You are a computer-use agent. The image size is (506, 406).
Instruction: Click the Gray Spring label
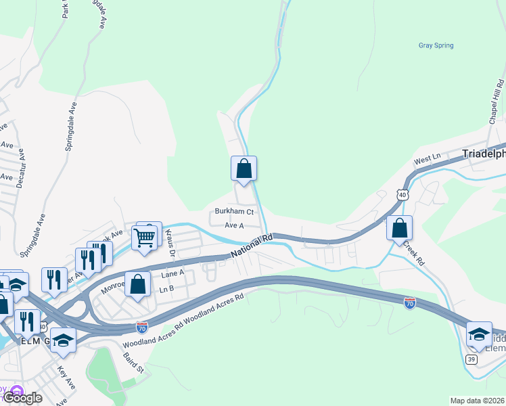coord(436,45)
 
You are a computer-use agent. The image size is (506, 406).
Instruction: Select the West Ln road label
coord(427,159)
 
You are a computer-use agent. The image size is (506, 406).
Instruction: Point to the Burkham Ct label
coord(234,211)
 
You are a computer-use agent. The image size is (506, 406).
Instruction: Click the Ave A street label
coord(233,225)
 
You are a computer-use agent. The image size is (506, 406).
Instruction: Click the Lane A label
coord(172,273)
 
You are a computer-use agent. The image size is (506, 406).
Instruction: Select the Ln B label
coord(166,288)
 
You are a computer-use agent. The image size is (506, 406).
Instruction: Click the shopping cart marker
coord(145,238)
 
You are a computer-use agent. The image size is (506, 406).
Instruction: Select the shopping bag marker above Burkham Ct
coord(244,168)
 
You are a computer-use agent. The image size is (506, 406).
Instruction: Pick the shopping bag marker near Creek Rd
coord(400,228)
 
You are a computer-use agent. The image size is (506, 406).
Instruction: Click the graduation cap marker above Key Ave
coord(63,340)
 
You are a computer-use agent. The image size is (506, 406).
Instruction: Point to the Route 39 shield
coord(471,358)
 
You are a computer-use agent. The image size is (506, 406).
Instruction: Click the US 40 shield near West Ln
coord(402,195)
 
